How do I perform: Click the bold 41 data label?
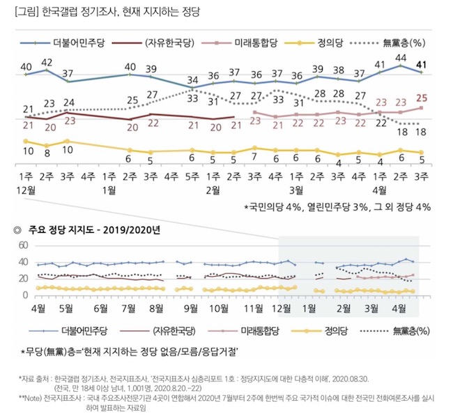coord(421,67)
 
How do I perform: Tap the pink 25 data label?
coord(422,98)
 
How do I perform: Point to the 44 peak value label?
coord(401,58)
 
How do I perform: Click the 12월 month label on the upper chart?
coord(27,190)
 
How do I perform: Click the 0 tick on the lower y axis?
coord(24,296)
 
